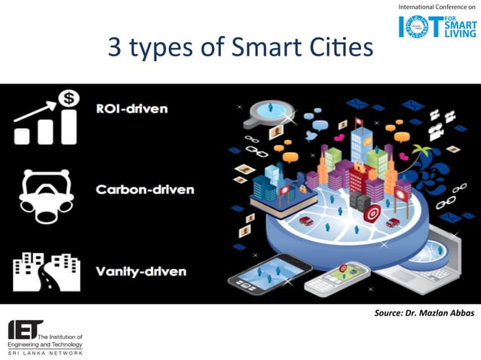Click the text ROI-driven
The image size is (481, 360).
pyautogui.click(x=132, y=108)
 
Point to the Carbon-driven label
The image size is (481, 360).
pyautogui.click(x=144, y=189)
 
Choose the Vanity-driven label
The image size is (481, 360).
pyautogui.click(x=142, y=270)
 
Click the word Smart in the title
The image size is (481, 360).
pyautogui.click(x=256, y=48)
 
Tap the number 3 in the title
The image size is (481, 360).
pyautogui.click(x=115, y=48)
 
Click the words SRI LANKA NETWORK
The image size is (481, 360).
pyautogui.click(x=45, y=352)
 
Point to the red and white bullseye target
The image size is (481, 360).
pyautogui.click(x=371, y=214)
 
